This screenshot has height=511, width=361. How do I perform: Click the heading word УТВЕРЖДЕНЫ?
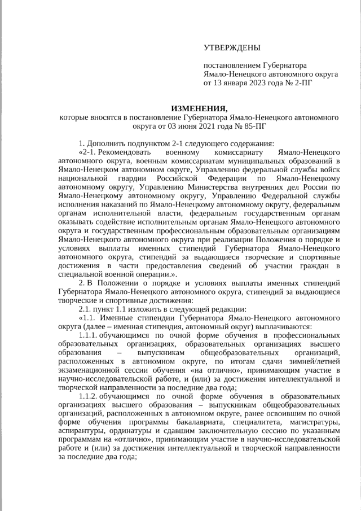tap(232, 49)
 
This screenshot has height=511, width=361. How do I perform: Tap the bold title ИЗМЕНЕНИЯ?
tap(200, 108)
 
